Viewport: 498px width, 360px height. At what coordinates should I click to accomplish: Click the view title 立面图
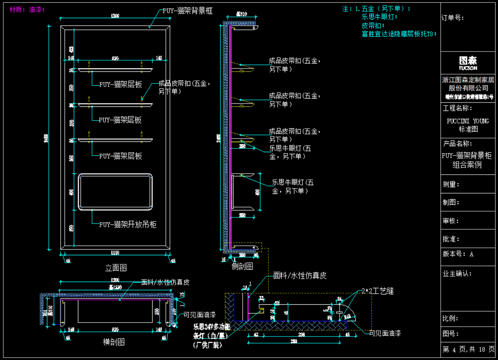click(116, 268)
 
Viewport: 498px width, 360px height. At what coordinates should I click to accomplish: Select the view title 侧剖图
click(243, 266)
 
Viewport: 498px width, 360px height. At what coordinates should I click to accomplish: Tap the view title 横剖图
click(113, 342)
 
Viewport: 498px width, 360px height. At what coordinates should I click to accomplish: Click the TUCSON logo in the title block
click(468, 63)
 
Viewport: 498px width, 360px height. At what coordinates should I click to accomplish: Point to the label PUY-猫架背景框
click(187, 11)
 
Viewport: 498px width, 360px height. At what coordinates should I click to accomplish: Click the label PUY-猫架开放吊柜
click(127, 225)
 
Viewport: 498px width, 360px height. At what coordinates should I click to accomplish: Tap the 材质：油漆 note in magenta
click(27, 9)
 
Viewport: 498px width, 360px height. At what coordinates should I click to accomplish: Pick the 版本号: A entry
click(458, 254)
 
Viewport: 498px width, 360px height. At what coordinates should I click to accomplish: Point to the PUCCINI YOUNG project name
click(468, 121)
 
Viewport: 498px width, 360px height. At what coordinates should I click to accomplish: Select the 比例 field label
click(451, 318)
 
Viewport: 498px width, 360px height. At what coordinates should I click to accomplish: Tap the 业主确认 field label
click(457, 273)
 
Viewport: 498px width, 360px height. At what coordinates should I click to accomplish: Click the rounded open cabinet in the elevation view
click(116, 192)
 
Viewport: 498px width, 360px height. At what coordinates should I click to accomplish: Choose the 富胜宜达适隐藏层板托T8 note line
click(399, 34)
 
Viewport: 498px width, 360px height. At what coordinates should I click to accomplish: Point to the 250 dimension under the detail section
click(294, 341)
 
